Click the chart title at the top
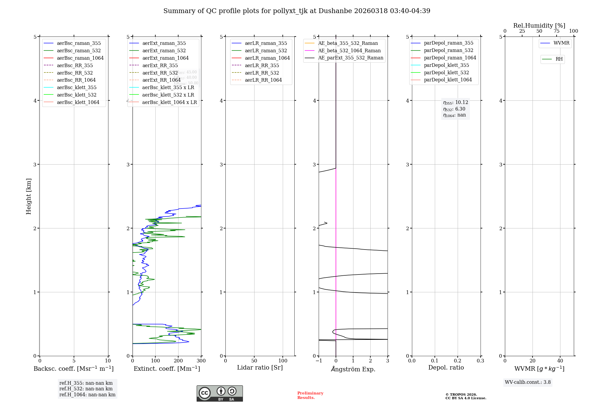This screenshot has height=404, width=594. click(x=297, y=11)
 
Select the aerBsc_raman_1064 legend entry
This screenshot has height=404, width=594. click(x=80, y=58)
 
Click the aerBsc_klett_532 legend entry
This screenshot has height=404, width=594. click(x=77, y=95)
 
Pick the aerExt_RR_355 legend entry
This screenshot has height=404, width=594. click(x=160, y=65)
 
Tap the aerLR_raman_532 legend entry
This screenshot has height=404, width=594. click(x=266, y=50)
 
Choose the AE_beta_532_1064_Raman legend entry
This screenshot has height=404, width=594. click(x=349, y=50)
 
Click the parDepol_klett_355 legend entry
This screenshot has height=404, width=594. click(x=446, y=65)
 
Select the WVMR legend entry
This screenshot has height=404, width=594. click(x=561, y=43)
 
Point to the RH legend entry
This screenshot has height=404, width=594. click(x=559, y=59)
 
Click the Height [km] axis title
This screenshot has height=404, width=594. click(x=29, y=196)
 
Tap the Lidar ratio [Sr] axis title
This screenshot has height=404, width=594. click(x=260, y=367)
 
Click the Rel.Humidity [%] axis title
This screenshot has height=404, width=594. click(x=539, y=26)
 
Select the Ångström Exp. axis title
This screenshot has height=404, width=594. click(x=353, y=369)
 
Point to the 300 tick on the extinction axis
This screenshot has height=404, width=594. click(x=201, y=361)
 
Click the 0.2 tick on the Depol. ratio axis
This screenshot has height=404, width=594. click(x=458, y=361)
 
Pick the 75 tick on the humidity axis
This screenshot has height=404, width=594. click(x=556, y=31)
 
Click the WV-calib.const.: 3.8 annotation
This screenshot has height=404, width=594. click(x=528, y=382)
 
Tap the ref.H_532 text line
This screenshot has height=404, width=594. click(x=86, y=389)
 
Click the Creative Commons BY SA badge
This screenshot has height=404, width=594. click(x=219, y=394)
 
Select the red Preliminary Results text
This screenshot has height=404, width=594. click(x=310, y=395)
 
